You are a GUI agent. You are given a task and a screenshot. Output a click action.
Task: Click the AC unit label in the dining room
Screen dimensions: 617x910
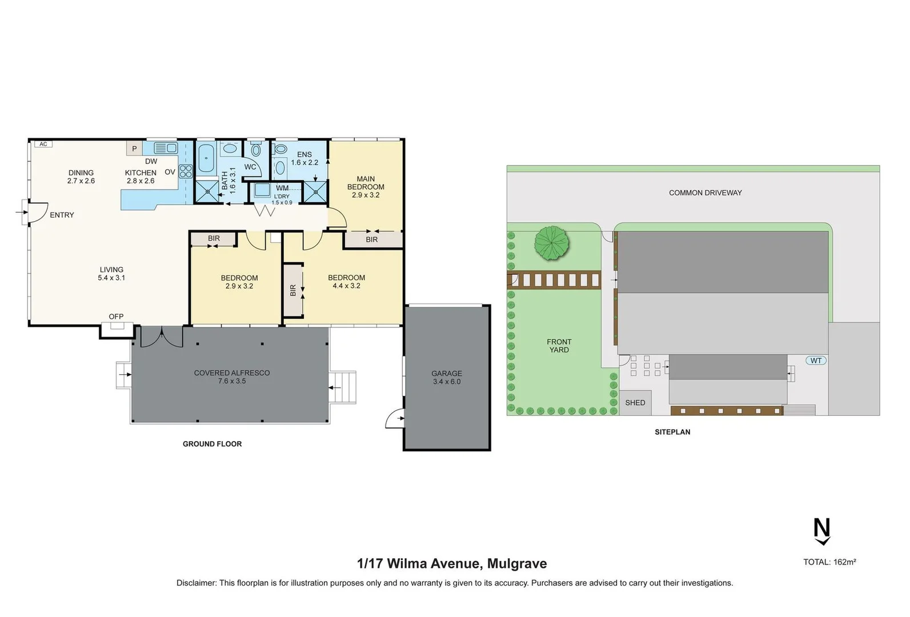(x=43, y=144)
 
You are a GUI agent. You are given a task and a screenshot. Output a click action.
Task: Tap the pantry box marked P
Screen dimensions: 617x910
(x=134, y=149)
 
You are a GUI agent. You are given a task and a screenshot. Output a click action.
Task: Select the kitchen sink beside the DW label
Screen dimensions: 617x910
(x=166, y=149)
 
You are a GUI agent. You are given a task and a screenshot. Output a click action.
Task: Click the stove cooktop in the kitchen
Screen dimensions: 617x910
(x=186, y=171)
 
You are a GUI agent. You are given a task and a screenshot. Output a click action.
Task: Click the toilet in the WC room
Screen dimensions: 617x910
(x=256, y=150)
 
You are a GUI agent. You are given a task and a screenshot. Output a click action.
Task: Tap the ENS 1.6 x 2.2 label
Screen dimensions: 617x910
(x=304, y=158)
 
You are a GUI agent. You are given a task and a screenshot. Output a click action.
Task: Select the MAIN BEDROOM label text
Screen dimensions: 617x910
(x=366, y=183)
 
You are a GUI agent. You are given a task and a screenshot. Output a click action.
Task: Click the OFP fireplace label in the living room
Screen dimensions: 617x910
(x=116, y=316)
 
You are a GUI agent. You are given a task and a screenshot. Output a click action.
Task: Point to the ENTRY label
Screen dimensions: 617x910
(x=62, y=215)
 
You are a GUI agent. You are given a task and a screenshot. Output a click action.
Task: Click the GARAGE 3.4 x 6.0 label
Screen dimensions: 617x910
(x=447, y=378)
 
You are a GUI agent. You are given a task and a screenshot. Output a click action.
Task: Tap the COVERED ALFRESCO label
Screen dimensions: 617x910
(x=231, y=376)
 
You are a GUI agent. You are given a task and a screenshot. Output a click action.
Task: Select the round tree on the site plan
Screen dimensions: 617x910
(x=552, y=243)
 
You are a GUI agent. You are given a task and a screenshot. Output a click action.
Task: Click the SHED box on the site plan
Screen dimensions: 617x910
(x=635, y=403)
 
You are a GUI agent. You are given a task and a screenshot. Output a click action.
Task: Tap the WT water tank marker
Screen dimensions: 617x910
(x=816, y=360)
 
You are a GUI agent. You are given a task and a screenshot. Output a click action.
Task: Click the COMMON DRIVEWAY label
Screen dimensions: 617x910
(x=705, y=193)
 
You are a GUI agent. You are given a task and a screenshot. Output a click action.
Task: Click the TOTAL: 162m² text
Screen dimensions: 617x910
(x=829, y=562)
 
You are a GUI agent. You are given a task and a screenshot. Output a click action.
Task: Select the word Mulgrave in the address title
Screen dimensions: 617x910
(x=517, y=564)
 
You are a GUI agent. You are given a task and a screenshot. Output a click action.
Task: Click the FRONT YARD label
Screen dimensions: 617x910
(x=559, y=346)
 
